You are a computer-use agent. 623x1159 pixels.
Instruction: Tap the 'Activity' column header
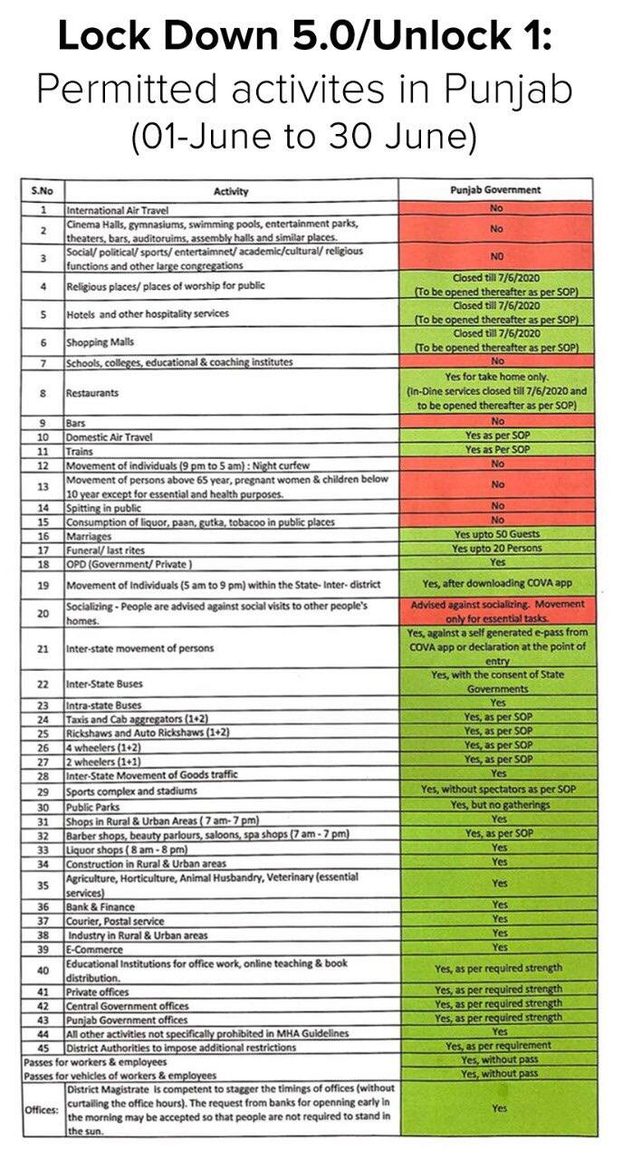pos(231,191)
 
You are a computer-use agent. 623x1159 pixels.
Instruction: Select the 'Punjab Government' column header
pos(495,190)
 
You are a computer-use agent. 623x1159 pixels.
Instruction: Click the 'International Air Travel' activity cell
pos(110,208)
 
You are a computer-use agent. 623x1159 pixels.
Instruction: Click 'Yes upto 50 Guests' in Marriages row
pos(495,535)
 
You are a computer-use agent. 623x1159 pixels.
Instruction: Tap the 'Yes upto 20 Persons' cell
pos(495,549)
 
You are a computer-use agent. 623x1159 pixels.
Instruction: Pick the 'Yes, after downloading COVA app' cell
pos(495,584)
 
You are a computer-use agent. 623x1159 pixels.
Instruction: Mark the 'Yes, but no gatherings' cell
pos(495,805)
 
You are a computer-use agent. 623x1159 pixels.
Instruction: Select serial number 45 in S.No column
pos(43,1047)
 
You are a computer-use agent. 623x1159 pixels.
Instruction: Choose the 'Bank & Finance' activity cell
pos(100,906)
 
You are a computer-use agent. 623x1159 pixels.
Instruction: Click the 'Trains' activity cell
pos(81,450)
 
